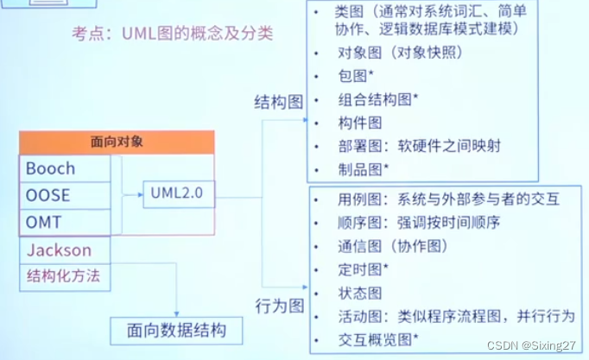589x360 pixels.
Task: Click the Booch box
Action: click(x=65, y=169)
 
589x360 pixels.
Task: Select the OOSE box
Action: click(x=65, y=195)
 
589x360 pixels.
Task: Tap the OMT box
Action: click(x=65, y=222)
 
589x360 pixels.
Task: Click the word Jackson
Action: click(x=60, y=249)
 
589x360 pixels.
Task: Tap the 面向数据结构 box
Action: click(x=176, y=330)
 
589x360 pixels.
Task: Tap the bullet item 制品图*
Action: click(x=364, y=168)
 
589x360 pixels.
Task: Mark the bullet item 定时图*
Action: click(x=363, y=269)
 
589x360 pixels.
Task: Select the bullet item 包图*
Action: click(x=355, y=75)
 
